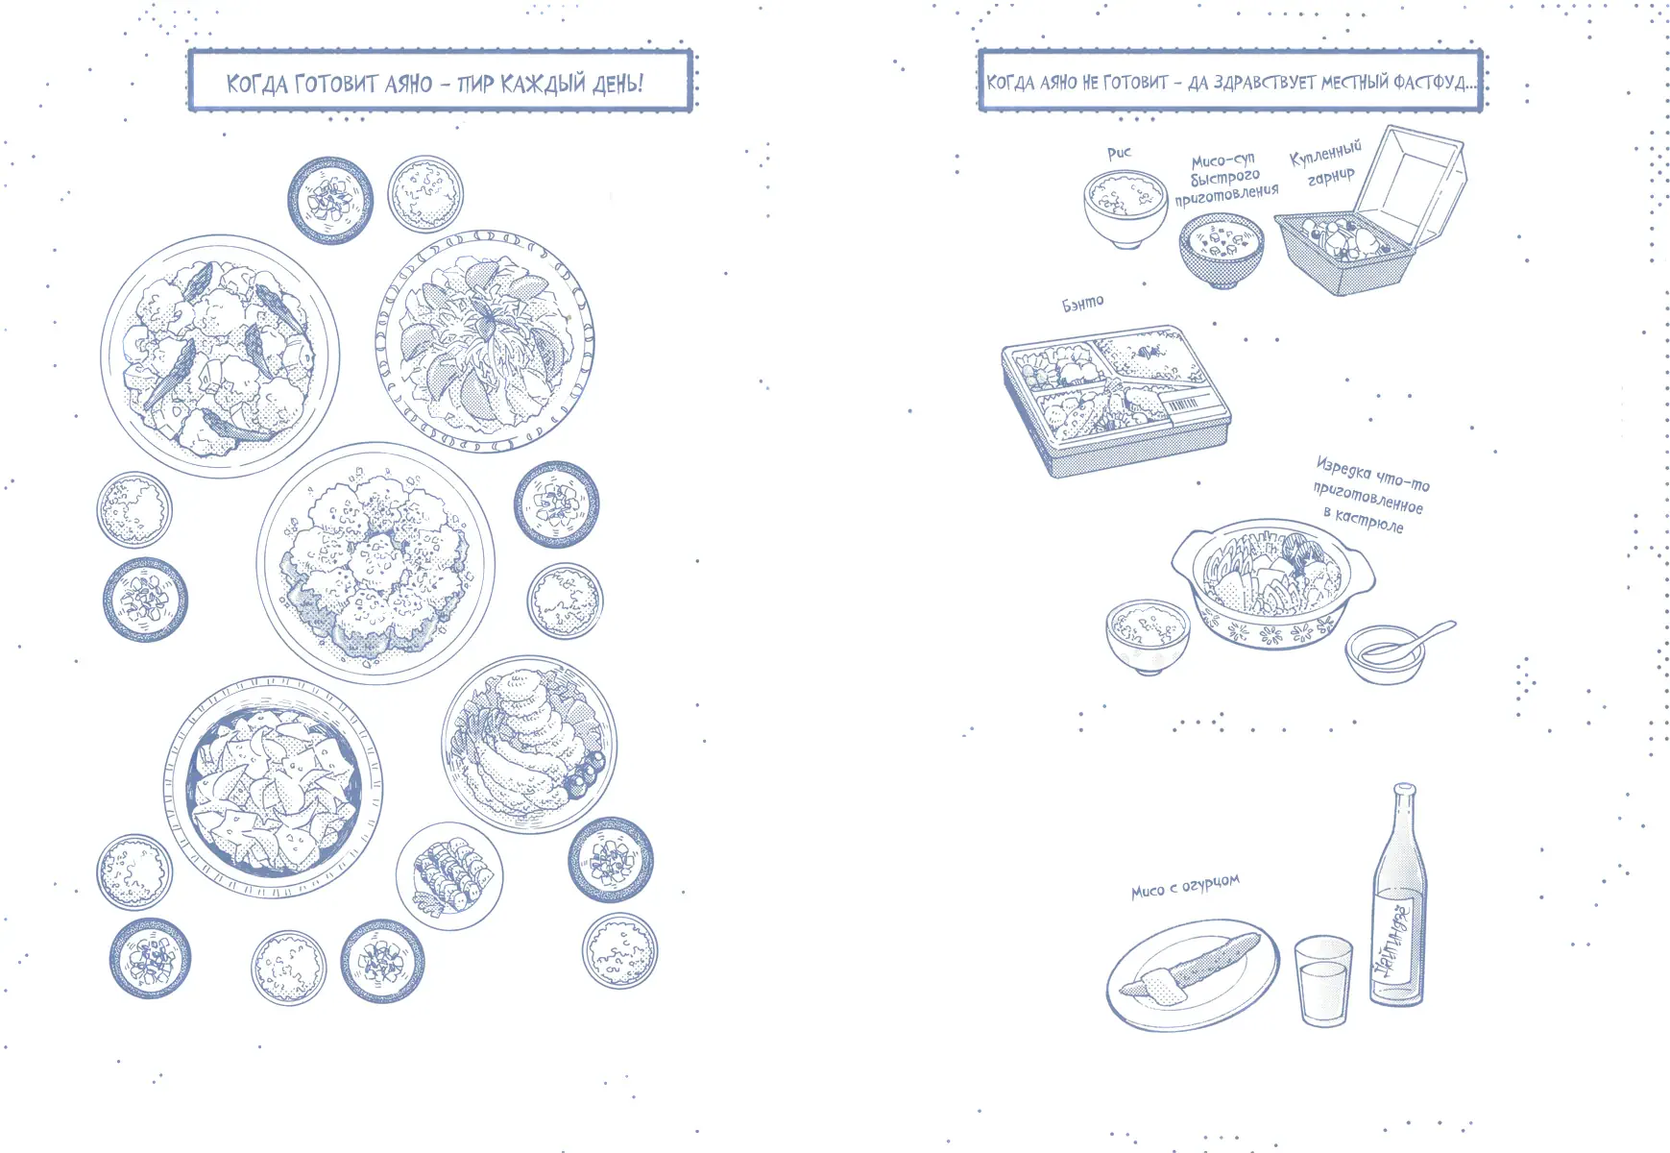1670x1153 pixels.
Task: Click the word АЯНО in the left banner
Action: pyautogui.click(x=409, y=84)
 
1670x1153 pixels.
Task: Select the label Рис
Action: pyautogui.click(x=1119, y=153)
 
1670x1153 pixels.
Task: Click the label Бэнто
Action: pyautogui.click(x=1082, y=304)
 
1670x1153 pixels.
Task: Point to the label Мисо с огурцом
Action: pyautogui.click(x=1185, y=886)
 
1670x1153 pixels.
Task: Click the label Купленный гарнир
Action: pyautogui.click(x=1325, y=164)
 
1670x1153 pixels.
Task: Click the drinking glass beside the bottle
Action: pyautogui.click(x=1323, y=981)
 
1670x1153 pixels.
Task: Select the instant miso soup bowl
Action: pyautogui.click(x=1222, y=251)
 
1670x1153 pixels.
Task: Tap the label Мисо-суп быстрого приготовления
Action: pyautogui.click(x=1226, y=178)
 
